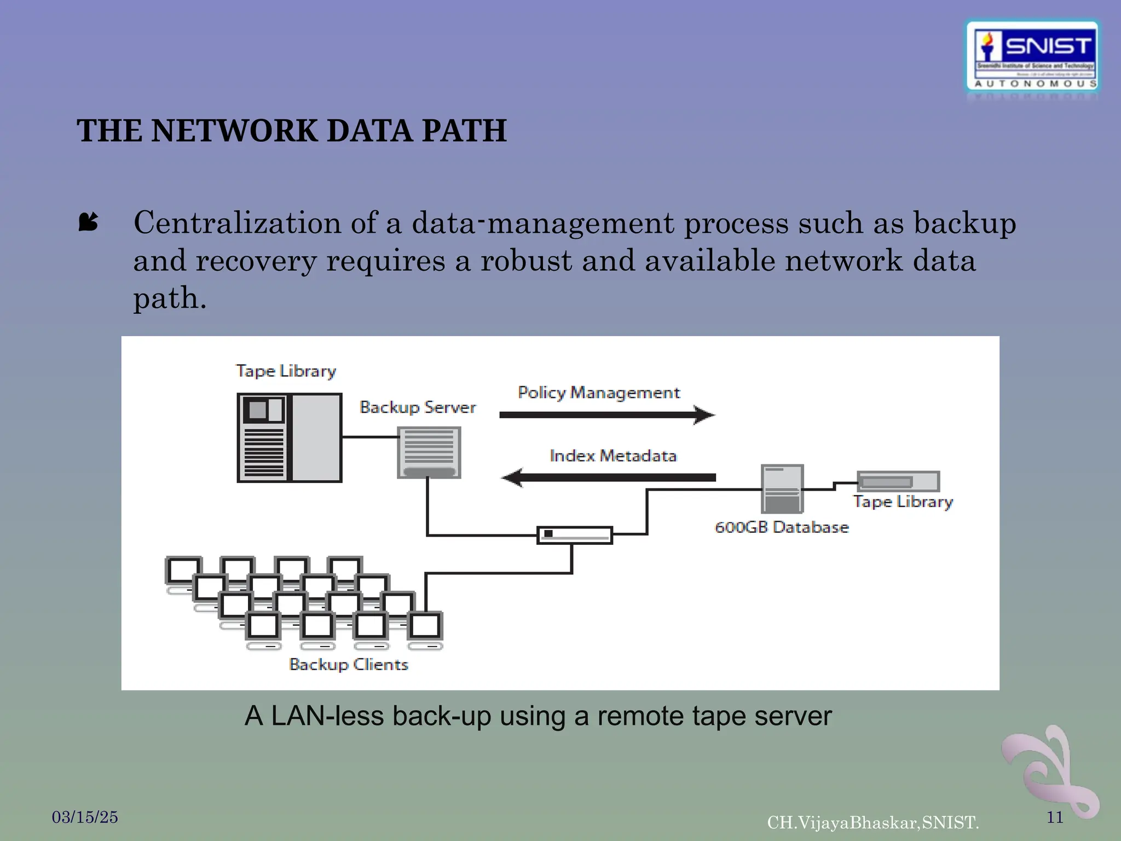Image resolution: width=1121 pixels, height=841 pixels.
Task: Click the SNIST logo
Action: [1032, 56]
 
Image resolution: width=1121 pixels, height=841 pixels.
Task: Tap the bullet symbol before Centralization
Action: [88, 222]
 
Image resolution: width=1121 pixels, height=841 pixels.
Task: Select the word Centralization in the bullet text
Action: [237, 223]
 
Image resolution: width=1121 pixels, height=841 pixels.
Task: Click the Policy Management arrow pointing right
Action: [606, 415]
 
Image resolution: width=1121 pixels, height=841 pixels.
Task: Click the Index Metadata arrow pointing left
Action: [609, 477]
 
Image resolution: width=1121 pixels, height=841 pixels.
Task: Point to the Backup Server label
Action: [418, 407]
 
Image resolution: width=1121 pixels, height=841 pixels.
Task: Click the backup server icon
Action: [429, 452]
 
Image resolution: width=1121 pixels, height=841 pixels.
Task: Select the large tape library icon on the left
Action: [289, 437]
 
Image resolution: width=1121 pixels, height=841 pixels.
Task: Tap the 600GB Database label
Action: [781, 527]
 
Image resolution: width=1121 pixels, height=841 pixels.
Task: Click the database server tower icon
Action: [782, 488]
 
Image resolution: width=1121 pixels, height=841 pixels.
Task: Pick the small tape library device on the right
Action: [898, 481]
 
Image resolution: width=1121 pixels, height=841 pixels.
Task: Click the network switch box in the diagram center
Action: [574, 535]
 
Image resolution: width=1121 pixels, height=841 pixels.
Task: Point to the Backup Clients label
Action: [349, 664]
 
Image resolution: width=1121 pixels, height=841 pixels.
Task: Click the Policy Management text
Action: [598, 393]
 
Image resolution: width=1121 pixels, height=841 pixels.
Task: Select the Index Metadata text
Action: [612, 456]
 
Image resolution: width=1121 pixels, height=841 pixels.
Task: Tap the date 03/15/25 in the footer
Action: [85, 817]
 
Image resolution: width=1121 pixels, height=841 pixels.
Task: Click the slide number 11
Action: [1055, 817]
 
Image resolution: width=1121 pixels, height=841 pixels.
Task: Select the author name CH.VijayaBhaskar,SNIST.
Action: [872, 822]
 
